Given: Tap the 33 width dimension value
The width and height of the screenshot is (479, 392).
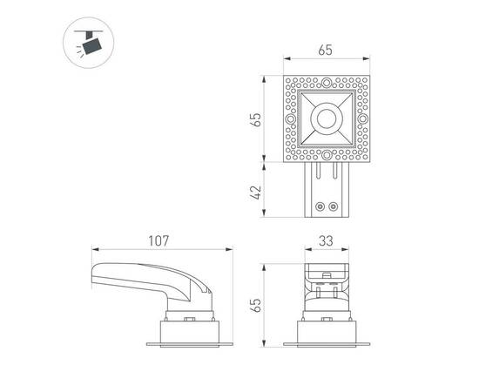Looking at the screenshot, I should coord(326,239).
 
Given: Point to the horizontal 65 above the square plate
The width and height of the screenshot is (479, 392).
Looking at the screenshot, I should coord(326,51).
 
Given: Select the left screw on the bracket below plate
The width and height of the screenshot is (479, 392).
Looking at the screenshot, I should coord(320,206).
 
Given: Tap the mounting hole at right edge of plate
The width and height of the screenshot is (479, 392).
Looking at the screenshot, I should coord(363,120).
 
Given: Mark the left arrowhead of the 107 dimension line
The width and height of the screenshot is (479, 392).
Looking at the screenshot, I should coord(92,248).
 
